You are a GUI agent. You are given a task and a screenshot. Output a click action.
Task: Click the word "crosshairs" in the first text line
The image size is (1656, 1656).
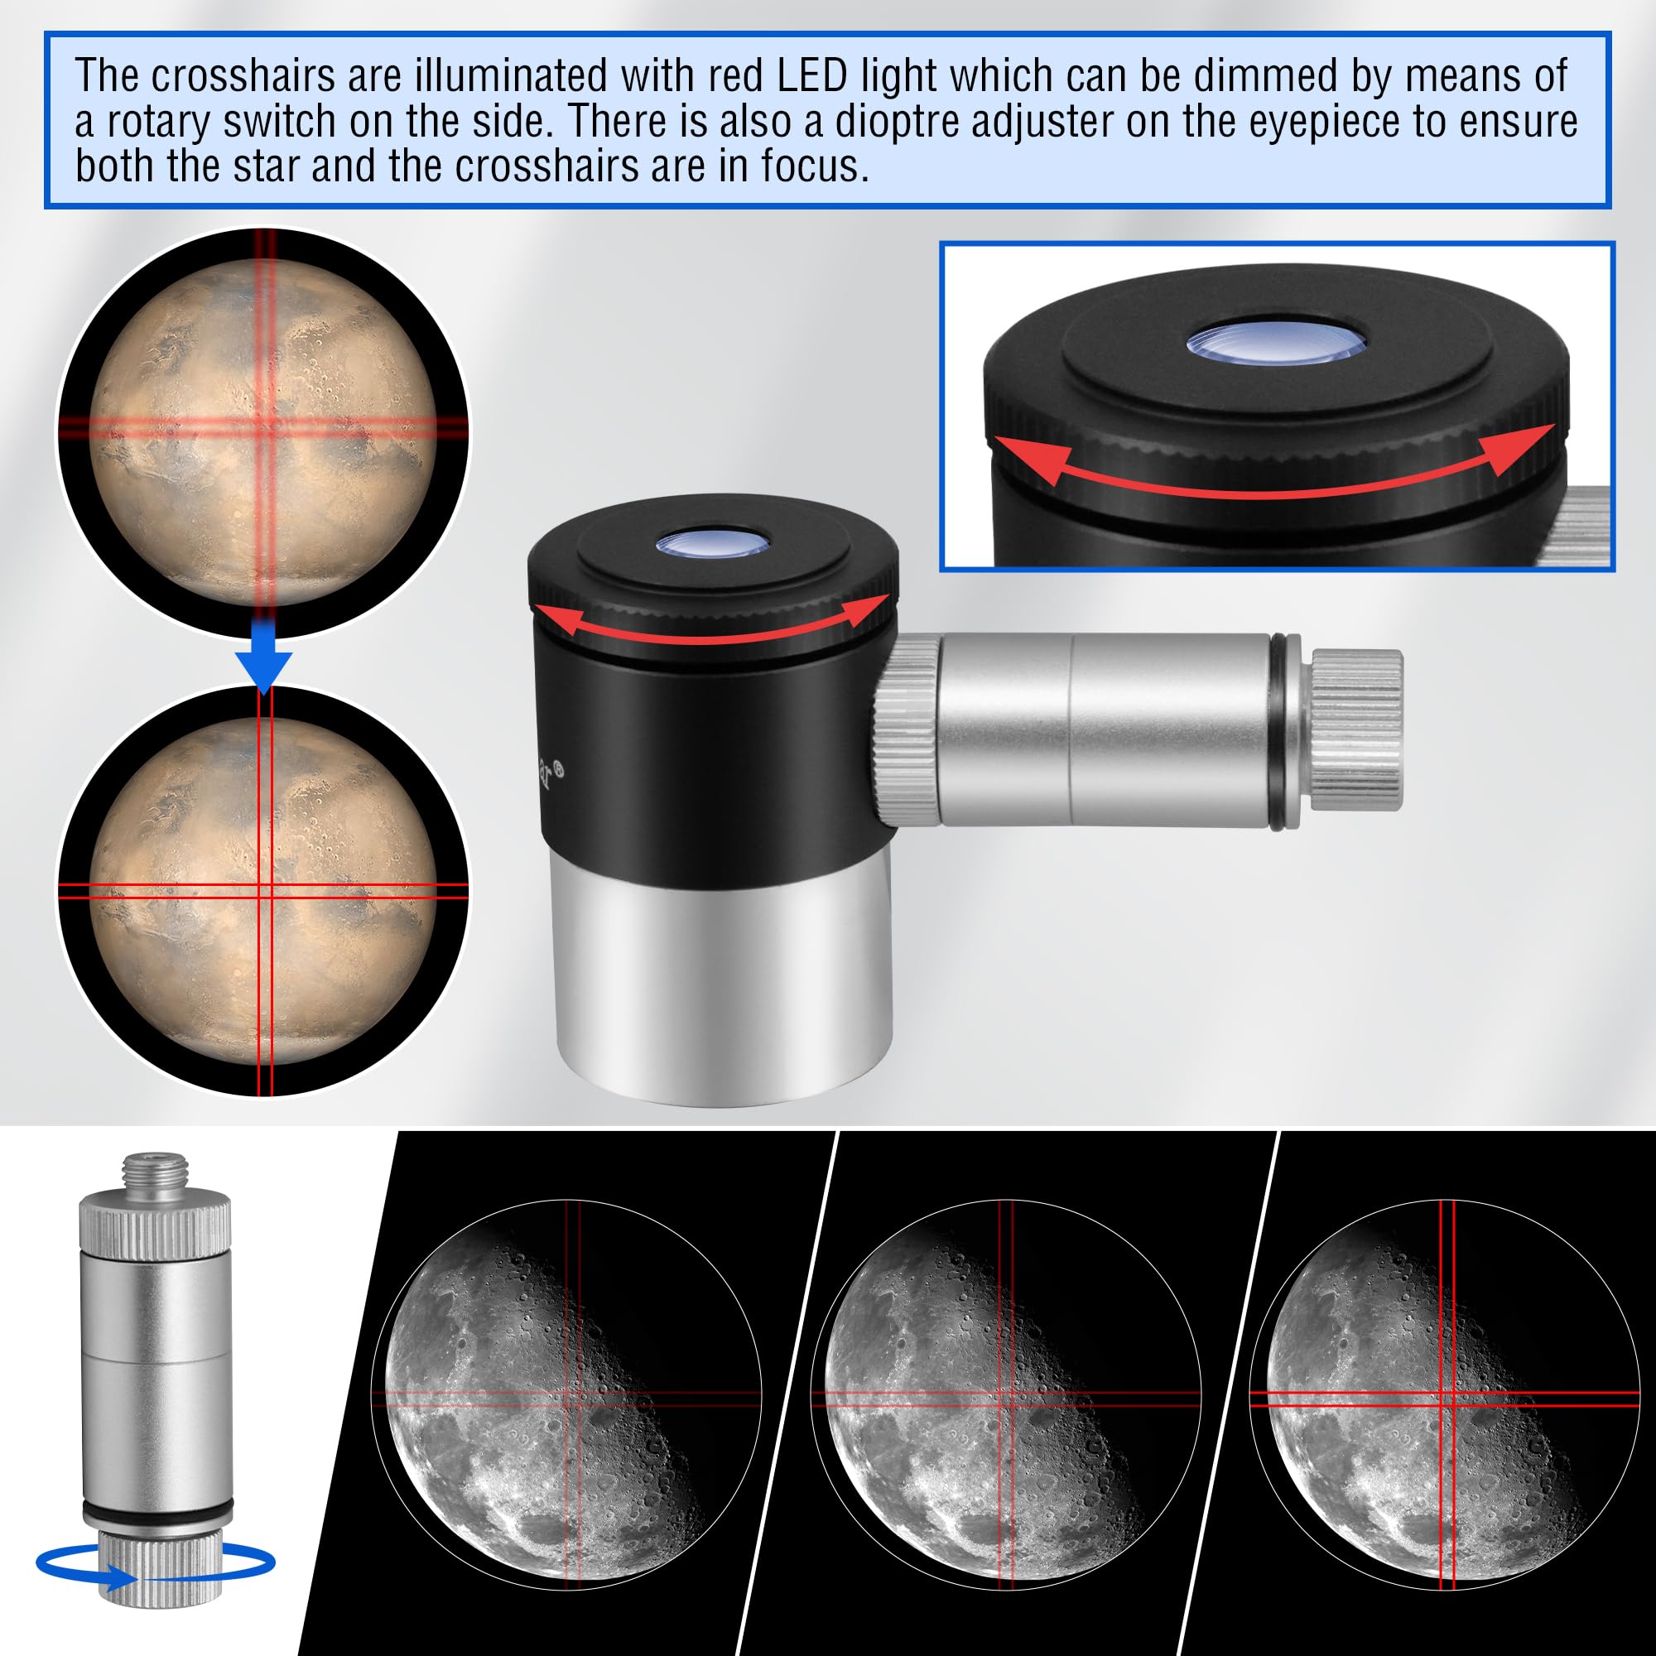point(243,77)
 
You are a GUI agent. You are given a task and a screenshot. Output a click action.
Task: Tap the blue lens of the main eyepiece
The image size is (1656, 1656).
point(712,542)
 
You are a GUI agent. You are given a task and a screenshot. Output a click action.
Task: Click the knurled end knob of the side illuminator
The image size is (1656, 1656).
point(1356,730)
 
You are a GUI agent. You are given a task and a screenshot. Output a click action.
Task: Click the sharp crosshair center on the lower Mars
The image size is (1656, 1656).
point(265,891)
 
